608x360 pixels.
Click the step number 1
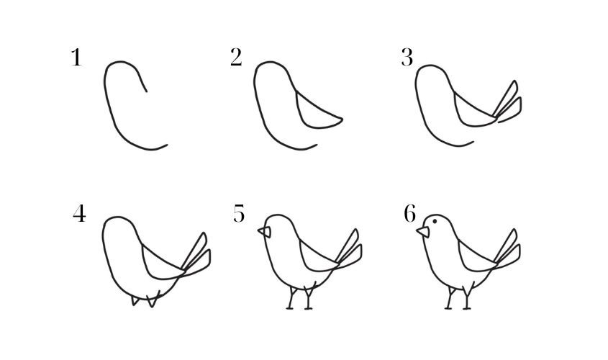tap(77, 58)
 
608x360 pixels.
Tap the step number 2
tap(236, 58)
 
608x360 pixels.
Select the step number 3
tap(407, 58)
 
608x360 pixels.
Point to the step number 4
tap(79, 213)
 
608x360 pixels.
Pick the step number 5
tap(240, 214)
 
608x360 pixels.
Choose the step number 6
tap(410, 214)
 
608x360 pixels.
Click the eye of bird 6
tap(435, 221)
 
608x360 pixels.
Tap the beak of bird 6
tap(423, 232)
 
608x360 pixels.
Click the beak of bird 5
tap(265, 232)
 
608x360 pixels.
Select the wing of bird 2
tap(315, 113)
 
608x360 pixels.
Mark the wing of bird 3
tap(472, 112)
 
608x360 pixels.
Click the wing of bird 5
tap(317, 258)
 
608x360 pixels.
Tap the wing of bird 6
tap(475, 258)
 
